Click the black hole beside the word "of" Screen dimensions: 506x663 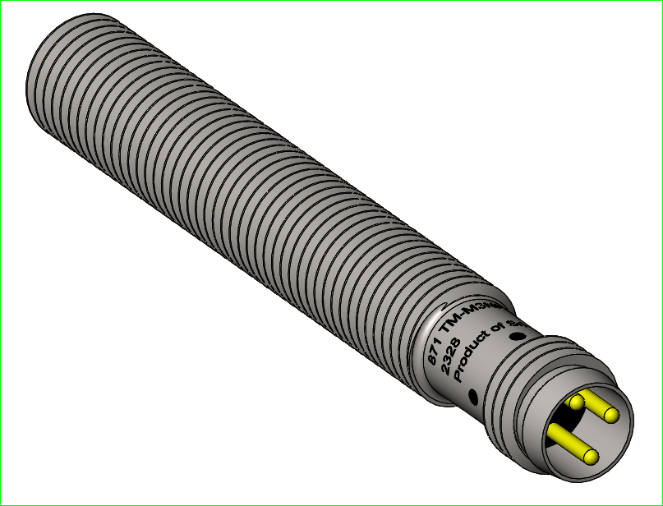point(518,336)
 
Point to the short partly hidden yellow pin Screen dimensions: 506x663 point(575,402)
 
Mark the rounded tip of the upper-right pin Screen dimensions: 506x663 point(611,415)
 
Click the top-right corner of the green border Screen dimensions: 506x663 point(661,1)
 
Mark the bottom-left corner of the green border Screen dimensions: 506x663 point(1,504)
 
